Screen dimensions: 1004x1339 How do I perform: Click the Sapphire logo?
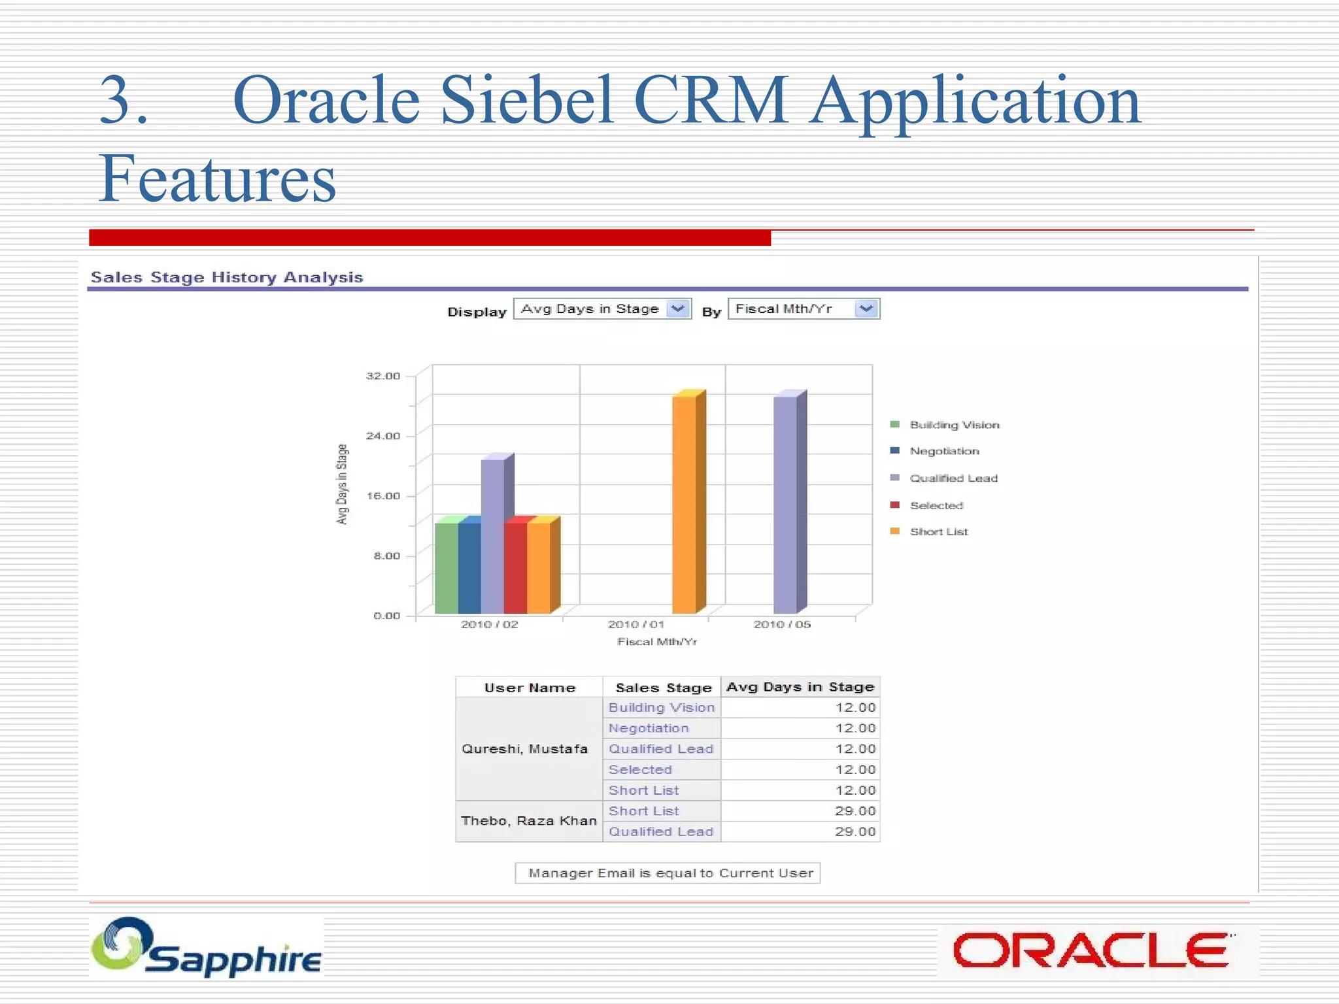click(x=207, y=947)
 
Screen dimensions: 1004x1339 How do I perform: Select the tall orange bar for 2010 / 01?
click(x=685, y=503)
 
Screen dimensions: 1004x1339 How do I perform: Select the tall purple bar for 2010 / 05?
click(x=785, y=503)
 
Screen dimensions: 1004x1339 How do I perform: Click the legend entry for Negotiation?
click(x=943, y=451)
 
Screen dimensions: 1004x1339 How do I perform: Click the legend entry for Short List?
click(x=938, y=531)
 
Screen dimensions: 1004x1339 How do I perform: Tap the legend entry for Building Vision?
click(x=954, y=425)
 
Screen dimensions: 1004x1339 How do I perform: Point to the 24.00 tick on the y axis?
click(x=383, y=436)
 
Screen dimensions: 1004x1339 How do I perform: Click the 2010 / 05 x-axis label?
click(x=782, y=624)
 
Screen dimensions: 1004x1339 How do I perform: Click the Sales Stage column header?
click(x=662, y=687)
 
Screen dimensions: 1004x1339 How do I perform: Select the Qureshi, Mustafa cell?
click(x=524, y=749)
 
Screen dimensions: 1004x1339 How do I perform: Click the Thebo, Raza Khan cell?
click(x=528, y=821)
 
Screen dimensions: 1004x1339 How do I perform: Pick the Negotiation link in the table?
click(x=649, y=728)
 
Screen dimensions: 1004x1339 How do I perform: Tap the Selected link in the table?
click(x=640, y=769)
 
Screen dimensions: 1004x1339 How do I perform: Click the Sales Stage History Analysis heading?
click(x=226, y=277)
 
